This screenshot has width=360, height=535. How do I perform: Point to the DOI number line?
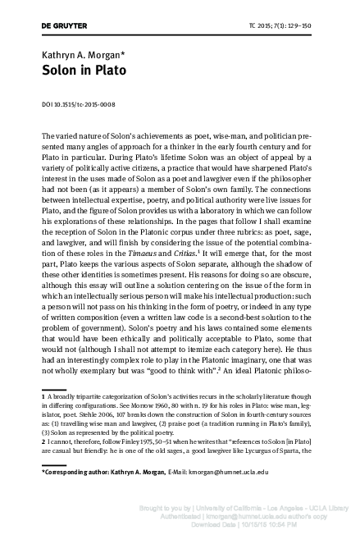click(78, 104)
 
